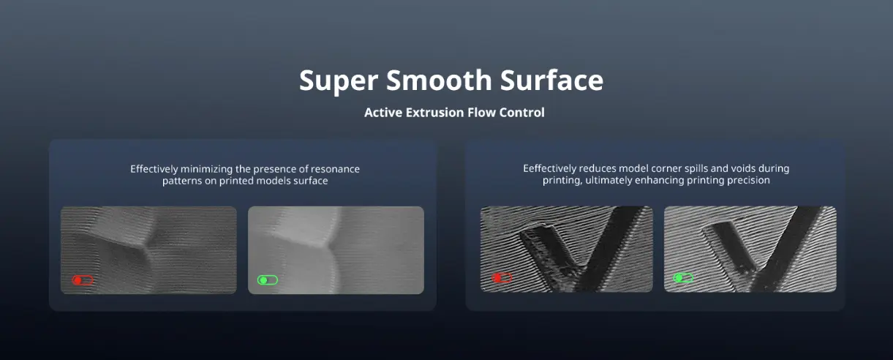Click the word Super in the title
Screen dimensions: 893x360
(339, 81)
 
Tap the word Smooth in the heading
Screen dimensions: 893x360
(439, 80)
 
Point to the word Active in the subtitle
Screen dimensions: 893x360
(383, 113)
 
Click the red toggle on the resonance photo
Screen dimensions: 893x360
(83, 280)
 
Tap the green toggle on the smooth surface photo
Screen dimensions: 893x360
(268, 280)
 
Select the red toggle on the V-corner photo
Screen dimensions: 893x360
(502, 277)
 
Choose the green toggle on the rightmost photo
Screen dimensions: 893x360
(683, 277)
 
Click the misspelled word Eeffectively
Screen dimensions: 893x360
(550, 168)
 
